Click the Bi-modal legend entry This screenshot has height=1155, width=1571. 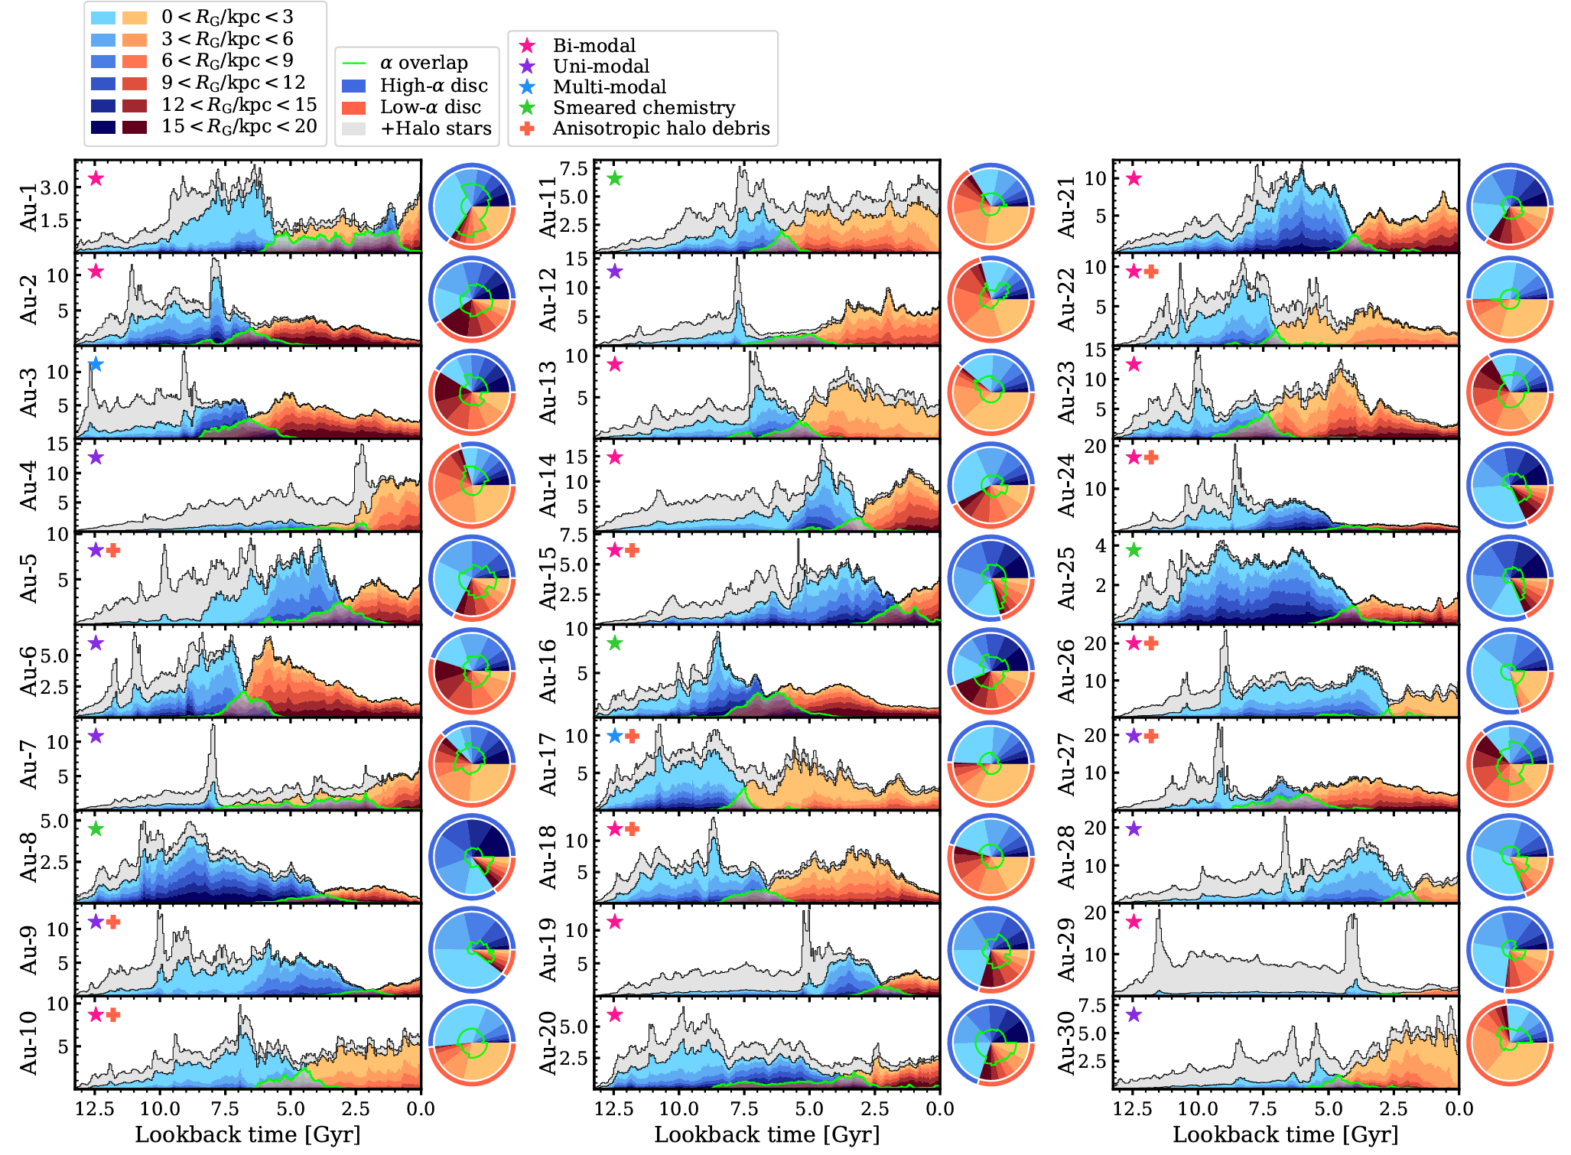(594, 46)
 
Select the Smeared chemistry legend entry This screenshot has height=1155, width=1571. (643, 108)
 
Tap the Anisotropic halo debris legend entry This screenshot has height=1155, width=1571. (661, 129)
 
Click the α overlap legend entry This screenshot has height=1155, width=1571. (424, 63)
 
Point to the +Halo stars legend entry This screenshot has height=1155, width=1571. (435, 129)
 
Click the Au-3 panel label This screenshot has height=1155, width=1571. (28, 392)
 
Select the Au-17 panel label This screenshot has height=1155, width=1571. (547, 764)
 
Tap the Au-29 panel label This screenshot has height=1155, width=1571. (1066, 949)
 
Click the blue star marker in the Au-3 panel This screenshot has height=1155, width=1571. (96, 365)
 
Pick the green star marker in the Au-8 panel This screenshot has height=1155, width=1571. (96, 829)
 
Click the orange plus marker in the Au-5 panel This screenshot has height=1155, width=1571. (113, 551)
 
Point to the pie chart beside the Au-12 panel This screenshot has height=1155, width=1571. (991, 299)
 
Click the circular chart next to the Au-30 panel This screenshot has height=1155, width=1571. (1510, 1042)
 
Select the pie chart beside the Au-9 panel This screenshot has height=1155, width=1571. (472, 949)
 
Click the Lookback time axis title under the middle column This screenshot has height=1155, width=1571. (767, 1134)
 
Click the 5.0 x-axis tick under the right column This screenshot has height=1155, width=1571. (1329, 1109)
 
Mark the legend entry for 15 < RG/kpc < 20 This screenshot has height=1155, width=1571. (239, 126)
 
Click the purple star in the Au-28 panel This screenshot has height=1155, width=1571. (1134, 829)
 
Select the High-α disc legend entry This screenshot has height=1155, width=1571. (433, 86)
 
